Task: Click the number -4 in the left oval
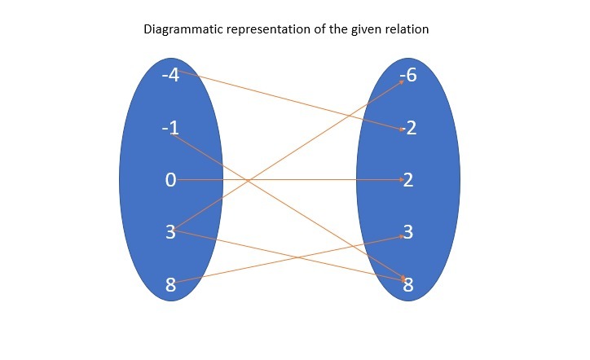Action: pos(170,76)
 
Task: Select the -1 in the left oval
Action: pos(170,128)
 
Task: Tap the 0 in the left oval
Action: pos(170,180)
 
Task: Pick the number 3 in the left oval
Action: pos(170,232)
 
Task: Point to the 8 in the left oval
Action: pos(170,284)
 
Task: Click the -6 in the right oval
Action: pos(408,76)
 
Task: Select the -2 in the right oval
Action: pos(408,128)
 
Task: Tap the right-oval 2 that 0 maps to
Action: pos(408,180)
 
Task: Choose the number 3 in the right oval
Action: pos(408,232)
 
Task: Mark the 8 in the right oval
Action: pos(408,284)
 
